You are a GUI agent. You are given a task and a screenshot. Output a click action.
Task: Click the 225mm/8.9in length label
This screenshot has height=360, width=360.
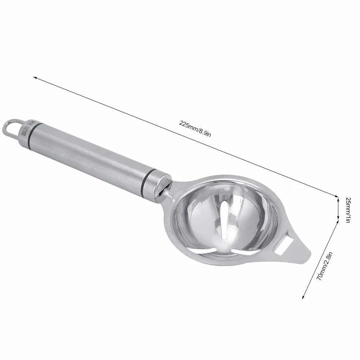[x=195, y=129]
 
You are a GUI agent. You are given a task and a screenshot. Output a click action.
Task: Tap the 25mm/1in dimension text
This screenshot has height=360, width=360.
[x=348, y=210]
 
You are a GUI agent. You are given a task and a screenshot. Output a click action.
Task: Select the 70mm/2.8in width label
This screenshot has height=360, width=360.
[x=324, y=266]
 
